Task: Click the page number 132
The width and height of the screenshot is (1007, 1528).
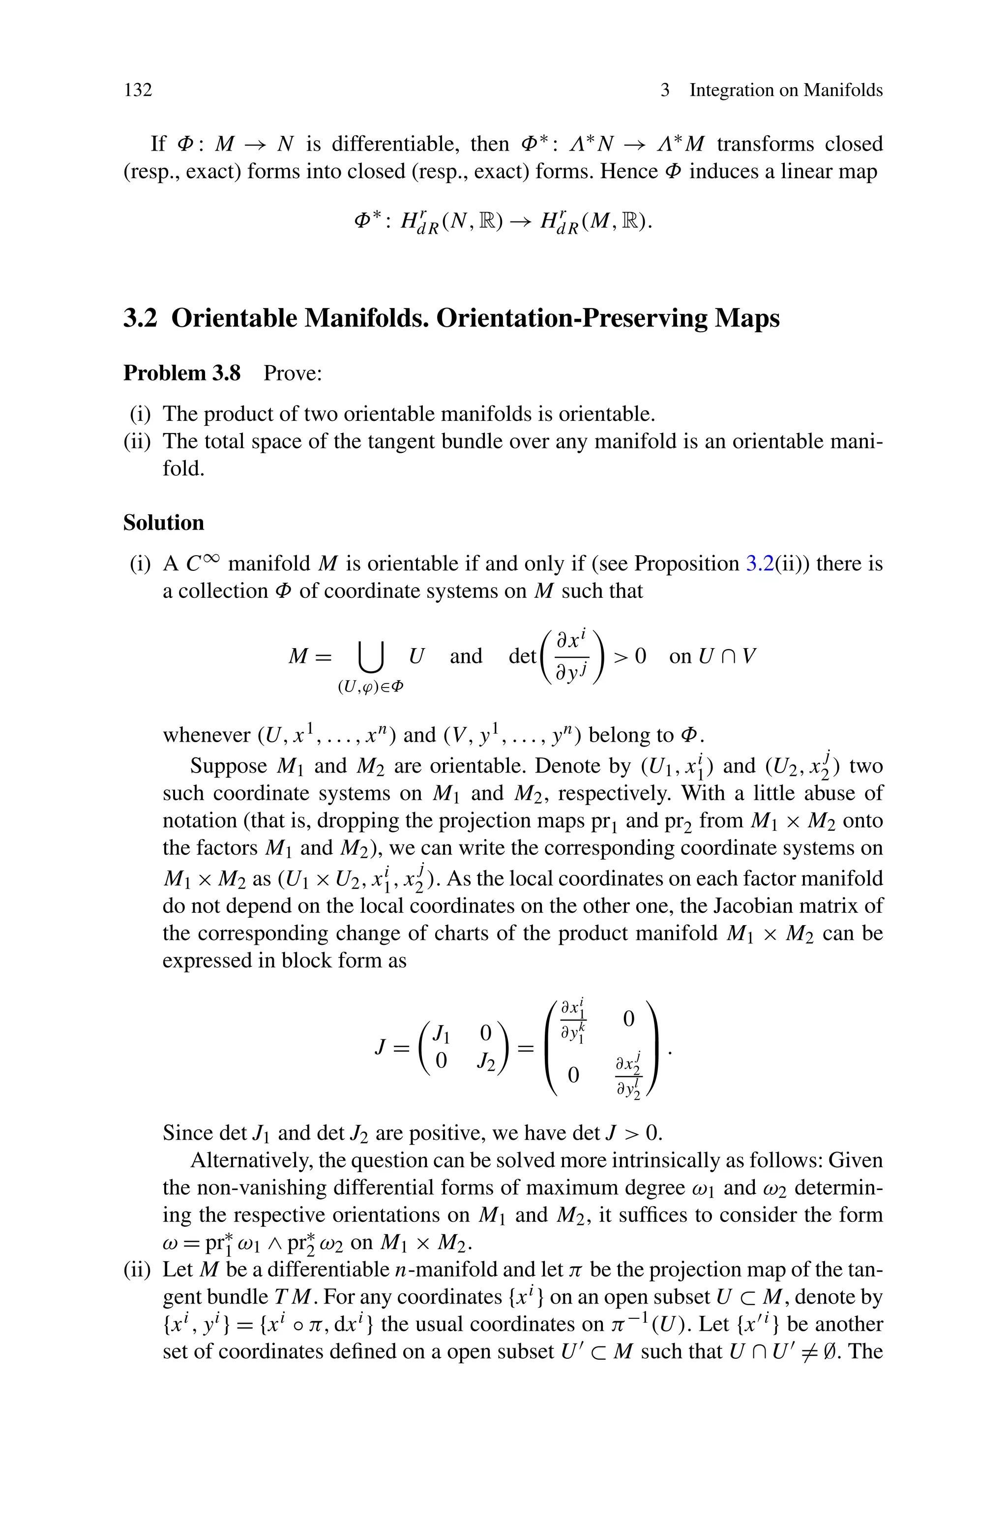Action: (138, 90)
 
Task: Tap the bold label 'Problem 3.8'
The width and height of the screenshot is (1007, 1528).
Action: (182, 373)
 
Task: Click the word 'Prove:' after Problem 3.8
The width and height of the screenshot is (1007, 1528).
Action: (292, 373)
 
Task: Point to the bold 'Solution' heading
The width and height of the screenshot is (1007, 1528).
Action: (163, 523)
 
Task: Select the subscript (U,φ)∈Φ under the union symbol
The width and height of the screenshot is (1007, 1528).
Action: (371, 687)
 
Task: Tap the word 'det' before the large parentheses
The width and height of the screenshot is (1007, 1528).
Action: (522, 656)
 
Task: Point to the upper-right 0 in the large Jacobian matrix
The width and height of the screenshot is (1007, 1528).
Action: (629, 1019)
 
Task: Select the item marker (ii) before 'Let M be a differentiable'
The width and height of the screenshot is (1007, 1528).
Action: (137, 1270)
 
